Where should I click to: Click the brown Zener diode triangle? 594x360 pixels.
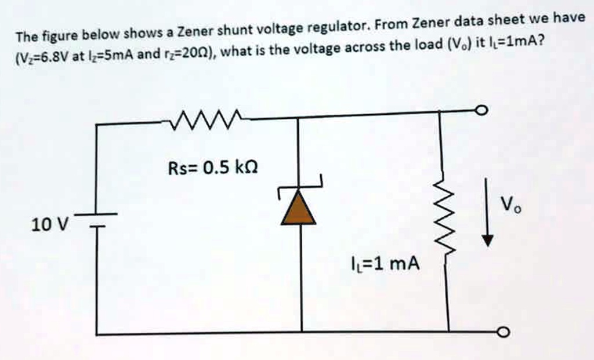pos(299,209)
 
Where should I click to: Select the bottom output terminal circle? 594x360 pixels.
pos(504,332)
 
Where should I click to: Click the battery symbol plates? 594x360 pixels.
pos(96,219)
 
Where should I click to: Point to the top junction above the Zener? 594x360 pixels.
pos(299,118)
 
